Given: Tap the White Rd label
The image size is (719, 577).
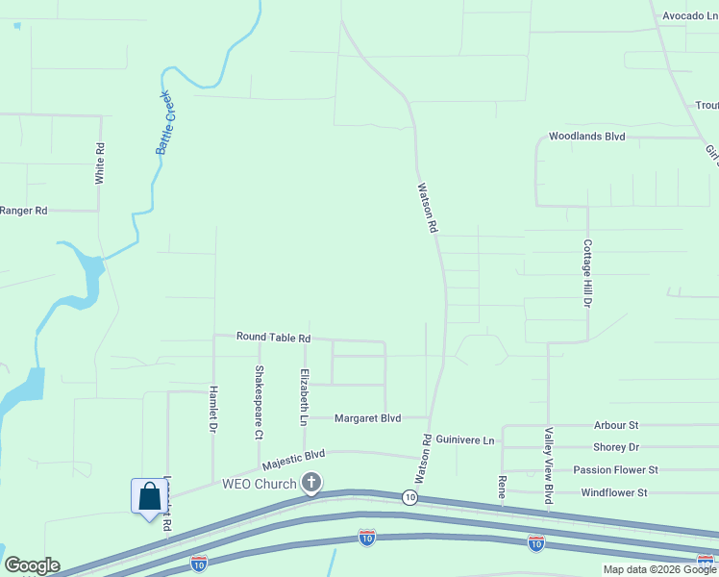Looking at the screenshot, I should (99, 163).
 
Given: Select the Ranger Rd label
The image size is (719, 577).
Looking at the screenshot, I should (23, 211).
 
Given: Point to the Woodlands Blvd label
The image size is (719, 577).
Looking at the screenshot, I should (586, 137).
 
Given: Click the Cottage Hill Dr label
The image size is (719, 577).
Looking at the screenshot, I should (587, 273).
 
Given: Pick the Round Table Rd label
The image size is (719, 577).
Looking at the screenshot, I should (274, 338).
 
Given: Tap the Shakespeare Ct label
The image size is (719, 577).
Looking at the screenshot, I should (259, 402).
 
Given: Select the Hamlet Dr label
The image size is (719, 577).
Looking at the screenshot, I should (213, 408).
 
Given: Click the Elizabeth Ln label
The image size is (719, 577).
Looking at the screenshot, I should (304, 396).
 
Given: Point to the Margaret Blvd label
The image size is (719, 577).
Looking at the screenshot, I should (367, 418).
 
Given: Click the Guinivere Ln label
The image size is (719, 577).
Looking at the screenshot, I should (464, 439).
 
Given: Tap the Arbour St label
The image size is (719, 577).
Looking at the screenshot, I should (616, 425).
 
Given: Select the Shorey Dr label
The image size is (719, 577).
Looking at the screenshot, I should (616, 447).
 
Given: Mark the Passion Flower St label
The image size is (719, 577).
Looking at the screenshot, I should (615, 469).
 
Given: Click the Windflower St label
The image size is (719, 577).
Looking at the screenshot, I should (614, 492).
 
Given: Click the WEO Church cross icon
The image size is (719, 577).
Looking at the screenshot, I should (311, 483).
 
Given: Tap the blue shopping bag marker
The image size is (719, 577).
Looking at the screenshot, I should (149, 497).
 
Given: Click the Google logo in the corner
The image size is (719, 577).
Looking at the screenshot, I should (32, 565).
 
